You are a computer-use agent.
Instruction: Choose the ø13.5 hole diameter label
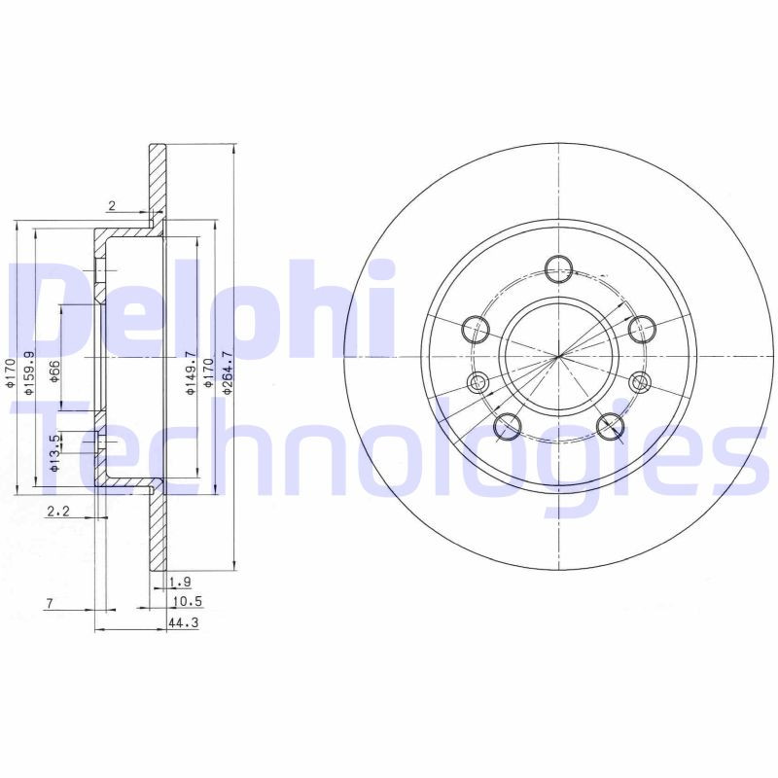[x=55, y=453]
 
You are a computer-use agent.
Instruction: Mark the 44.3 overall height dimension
[x=183, y=622]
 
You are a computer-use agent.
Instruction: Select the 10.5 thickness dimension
[x=184, y=602]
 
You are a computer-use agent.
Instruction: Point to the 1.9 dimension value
[x=179, y=583]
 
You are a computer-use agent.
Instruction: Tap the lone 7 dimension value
[x=50, y=604]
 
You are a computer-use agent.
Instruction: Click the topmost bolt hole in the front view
[x=558, y=268]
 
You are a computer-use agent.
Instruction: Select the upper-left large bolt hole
[x=476, y=329]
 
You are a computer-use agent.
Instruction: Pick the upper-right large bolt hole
[x=639, y=330]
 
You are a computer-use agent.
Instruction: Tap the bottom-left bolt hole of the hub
[x=508, y=426]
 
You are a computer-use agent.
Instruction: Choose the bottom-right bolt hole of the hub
[x=610, y=424]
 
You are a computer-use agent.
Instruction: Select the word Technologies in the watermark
[x=389, y=447]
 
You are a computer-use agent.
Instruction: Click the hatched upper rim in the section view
[x=157, y=180]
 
